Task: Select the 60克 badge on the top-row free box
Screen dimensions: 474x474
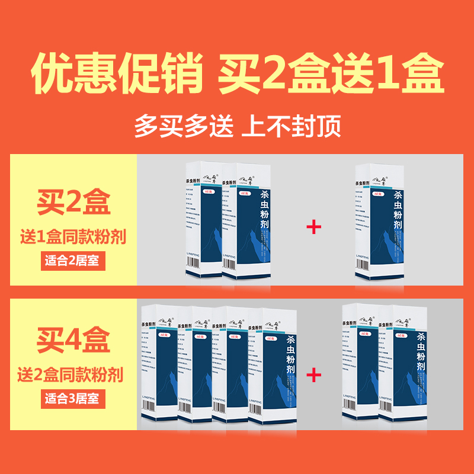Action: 377,193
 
